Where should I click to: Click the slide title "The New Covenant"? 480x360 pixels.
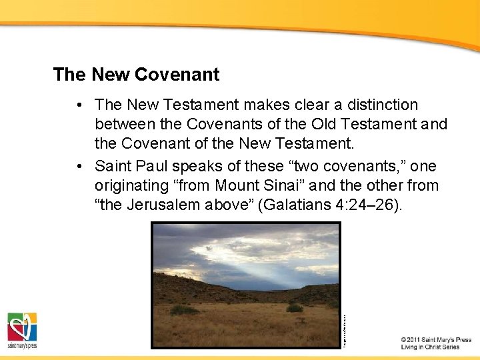136,75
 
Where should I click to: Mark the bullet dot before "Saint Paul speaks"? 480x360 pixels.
79,165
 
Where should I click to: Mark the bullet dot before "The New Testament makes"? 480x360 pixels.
79,105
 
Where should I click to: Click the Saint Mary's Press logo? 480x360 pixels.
22,329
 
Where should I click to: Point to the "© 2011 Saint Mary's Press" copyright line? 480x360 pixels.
436,340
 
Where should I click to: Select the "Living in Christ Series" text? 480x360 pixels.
431,347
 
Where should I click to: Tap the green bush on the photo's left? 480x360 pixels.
184,310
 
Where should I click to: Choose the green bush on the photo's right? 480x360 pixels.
294,308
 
